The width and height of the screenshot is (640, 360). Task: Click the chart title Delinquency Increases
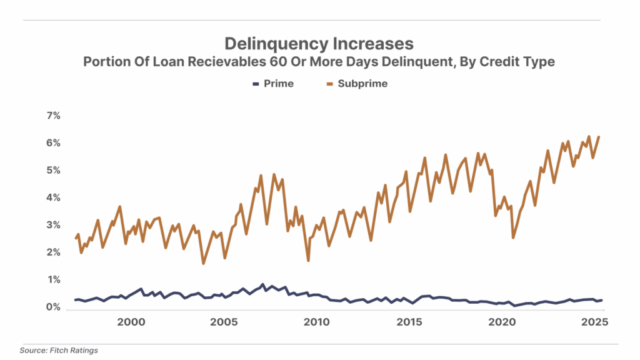coord(319,44)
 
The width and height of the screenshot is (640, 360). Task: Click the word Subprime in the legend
coord(362,84)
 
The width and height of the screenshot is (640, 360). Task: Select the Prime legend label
coord(279,84)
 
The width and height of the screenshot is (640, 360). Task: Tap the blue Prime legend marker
coord(255,84)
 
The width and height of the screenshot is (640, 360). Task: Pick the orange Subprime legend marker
coord(329,84)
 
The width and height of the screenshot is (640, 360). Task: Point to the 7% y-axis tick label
coord(52,116)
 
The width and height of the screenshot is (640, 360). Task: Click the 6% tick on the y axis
coord(52,143)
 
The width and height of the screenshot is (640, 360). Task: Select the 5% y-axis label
coord(52,170)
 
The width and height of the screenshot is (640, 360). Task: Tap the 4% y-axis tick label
coord(52,197)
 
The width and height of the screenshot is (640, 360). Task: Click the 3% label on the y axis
coord(52,225)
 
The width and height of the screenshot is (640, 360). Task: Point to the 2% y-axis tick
coord(52,252)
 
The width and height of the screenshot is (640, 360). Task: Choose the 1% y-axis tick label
coord(52,279)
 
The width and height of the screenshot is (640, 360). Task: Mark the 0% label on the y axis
coord(52,307)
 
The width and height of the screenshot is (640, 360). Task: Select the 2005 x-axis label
coord(223,322)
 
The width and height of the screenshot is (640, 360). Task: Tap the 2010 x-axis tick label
coord(316,322)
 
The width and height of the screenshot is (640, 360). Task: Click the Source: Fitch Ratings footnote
coord(59,351)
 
